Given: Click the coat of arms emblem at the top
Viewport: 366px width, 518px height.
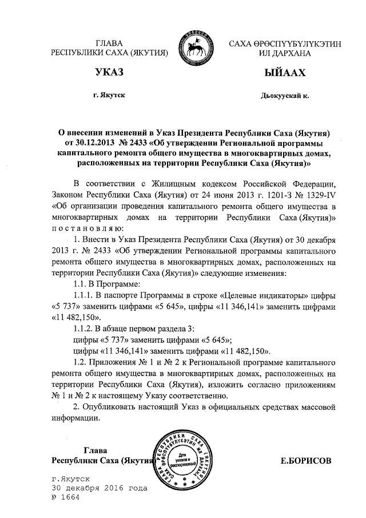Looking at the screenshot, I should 196,46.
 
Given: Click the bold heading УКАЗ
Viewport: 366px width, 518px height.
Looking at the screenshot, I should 110,72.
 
